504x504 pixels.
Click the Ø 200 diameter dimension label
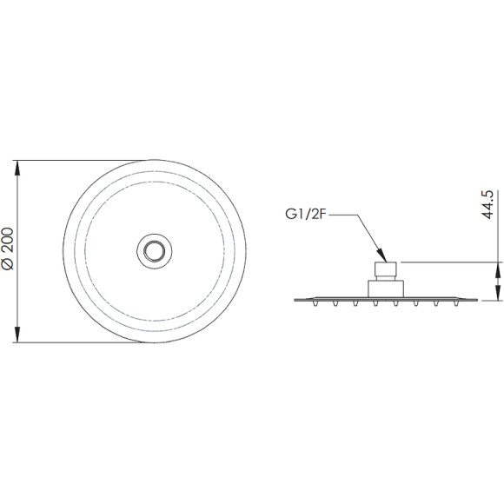point(8,249)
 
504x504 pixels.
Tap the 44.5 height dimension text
point(487,205)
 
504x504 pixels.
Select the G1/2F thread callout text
point(306,215)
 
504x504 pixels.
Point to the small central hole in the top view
point(155,251)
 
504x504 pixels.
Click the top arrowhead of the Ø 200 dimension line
point(17,168)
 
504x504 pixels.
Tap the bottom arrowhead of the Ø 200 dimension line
point(17,335)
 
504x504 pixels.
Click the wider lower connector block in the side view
point(386,288)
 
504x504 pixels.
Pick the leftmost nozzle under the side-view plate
point(315,303)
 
